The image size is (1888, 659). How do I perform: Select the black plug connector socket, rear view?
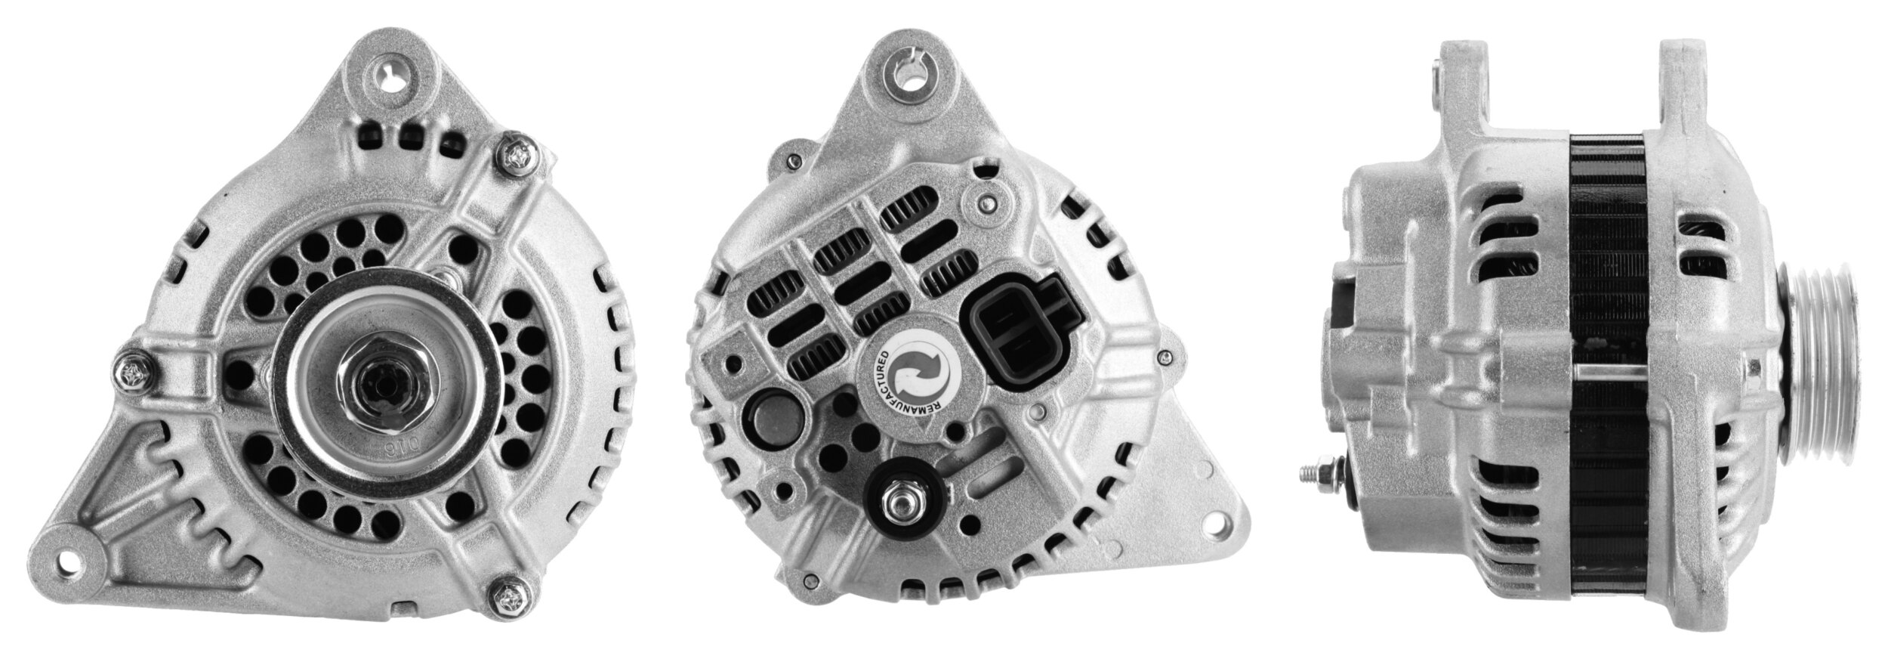[x=1009, y=340]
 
